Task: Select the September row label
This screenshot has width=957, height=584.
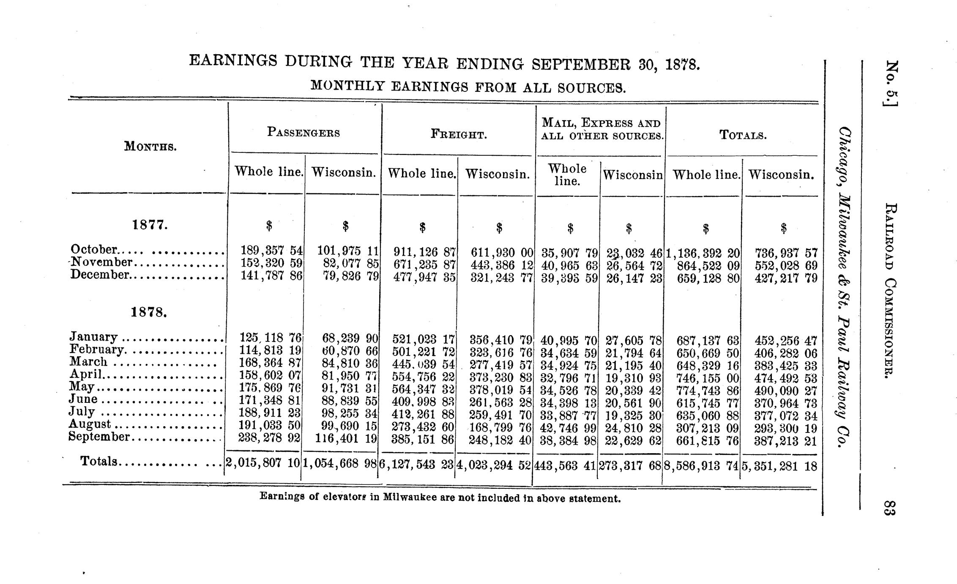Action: (x=99, y=437)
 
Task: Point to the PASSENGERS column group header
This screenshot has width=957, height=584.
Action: (x=304, y=132)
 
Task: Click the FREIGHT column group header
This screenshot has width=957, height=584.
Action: (x=459, y=135)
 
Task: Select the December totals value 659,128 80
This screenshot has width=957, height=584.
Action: (x=708, y=279)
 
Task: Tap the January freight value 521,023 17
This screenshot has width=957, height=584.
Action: (x=423, y=340)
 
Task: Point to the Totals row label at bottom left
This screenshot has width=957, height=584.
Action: (x=99, y=462)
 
